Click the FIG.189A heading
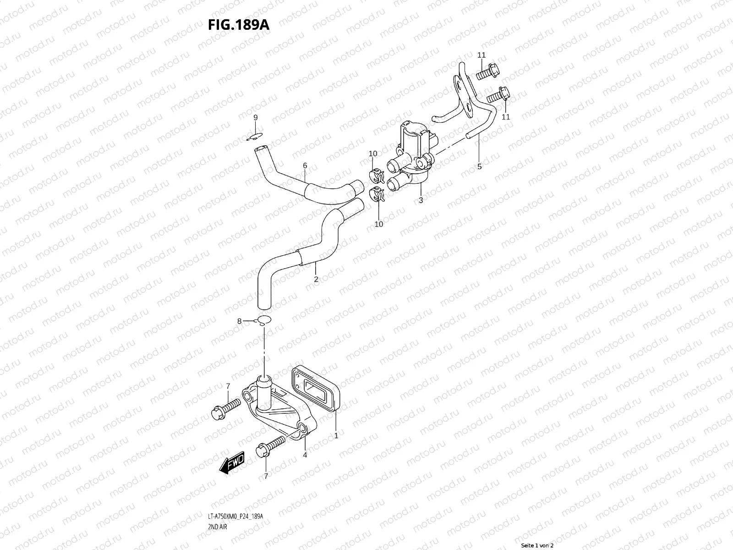click(x=238, y=24)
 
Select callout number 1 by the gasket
click(x=336, y=435)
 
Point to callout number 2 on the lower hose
click(x=316, y=279)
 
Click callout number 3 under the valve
click(x=421, y=200)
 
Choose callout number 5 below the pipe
click(x=480, y=166)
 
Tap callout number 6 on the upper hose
click(x=305, y=165)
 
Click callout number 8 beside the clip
click(x=239, y=321)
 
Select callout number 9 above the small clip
click(x=256, y=118)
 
